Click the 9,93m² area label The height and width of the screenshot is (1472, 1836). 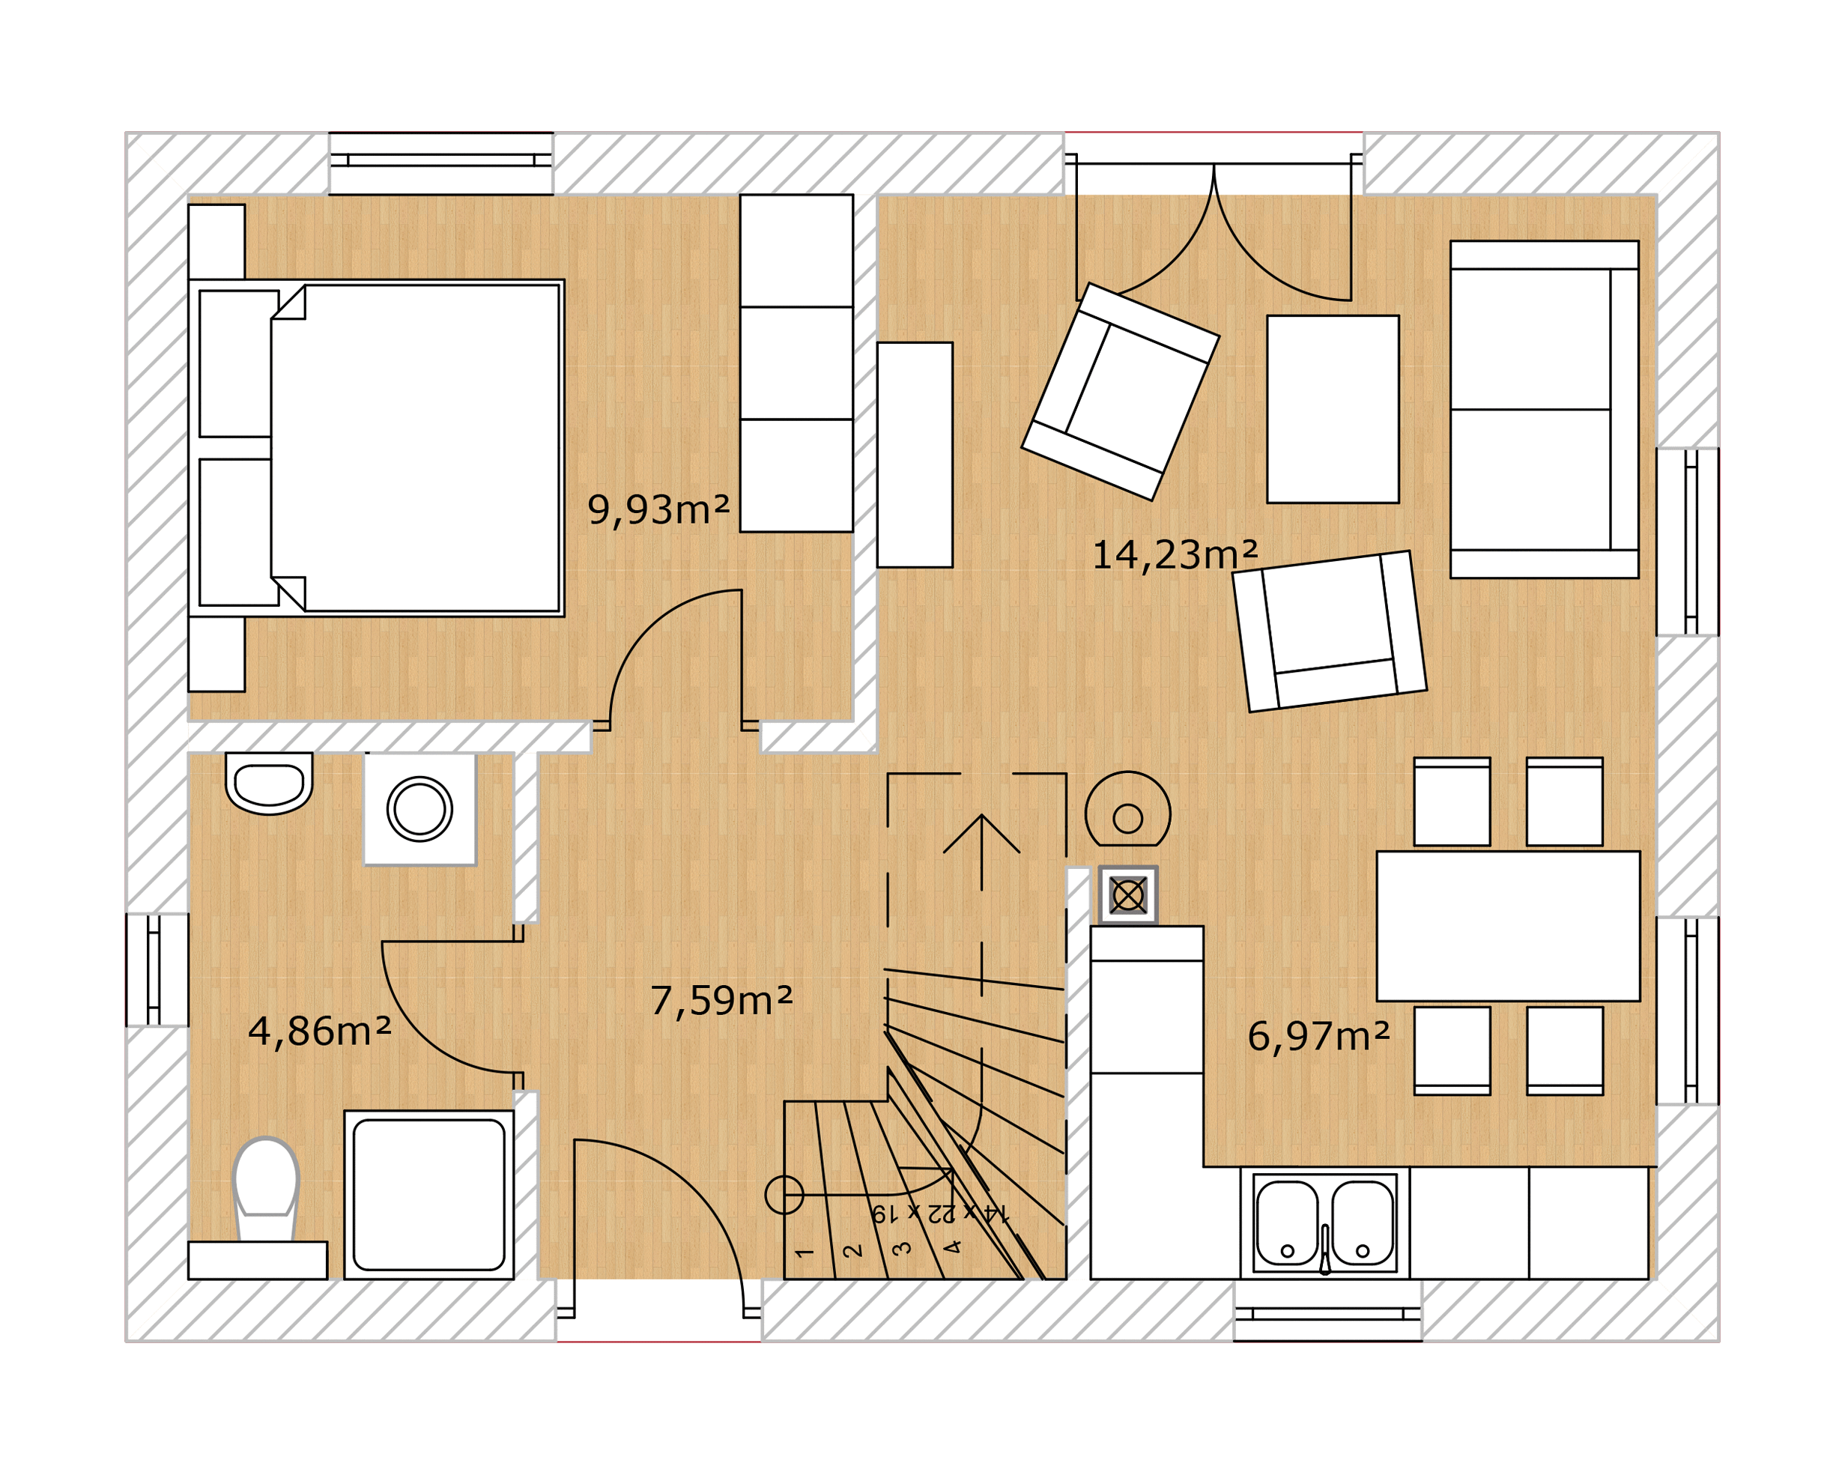658,509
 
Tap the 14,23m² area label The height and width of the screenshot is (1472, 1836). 1175,554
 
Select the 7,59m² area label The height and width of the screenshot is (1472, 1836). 721,1000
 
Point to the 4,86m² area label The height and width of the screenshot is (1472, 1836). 319,1031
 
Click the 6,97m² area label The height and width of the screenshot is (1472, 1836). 1319,1036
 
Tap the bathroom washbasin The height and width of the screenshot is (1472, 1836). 269,783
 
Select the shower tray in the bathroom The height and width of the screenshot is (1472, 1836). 429,1194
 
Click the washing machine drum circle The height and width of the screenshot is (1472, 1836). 419,808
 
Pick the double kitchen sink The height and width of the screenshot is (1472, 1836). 1325,1223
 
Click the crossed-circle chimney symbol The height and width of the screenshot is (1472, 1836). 1128,895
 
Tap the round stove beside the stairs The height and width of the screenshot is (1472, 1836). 1127,808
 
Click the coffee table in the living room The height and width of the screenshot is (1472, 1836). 1333,409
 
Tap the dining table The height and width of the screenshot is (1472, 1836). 1508,926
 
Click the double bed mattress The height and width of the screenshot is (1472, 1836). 416,448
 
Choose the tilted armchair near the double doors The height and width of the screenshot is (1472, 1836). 1121,392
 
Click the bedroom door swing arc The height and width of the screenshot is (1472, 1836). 655,630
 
